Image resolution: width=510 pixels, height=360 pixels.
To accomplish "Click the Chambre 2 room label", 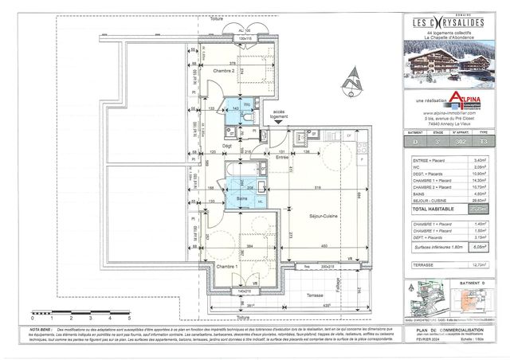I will (x=224, y=70).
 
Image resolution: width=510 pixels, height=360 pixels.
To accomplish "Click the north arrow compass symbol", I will (x=353, y=80).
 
